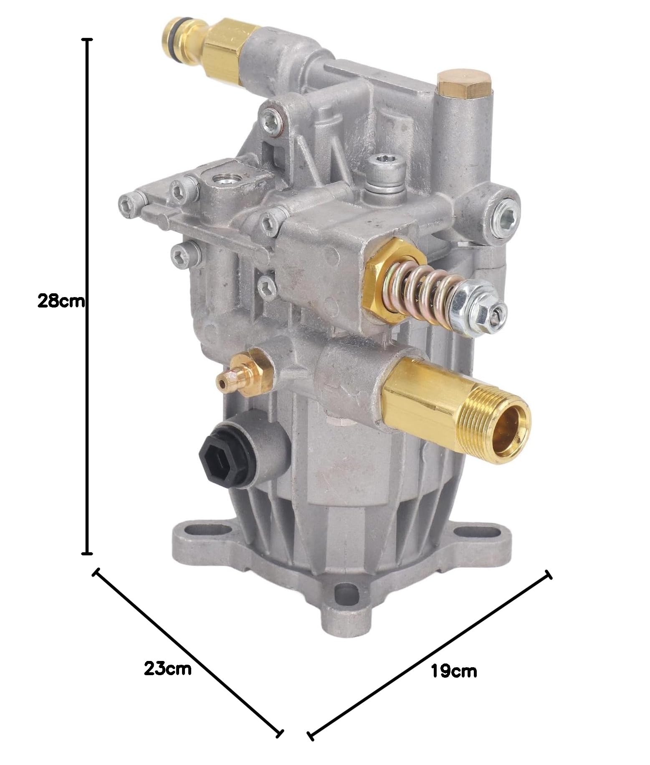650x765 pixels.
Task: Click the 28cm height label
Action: click(x=61, y=301)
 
